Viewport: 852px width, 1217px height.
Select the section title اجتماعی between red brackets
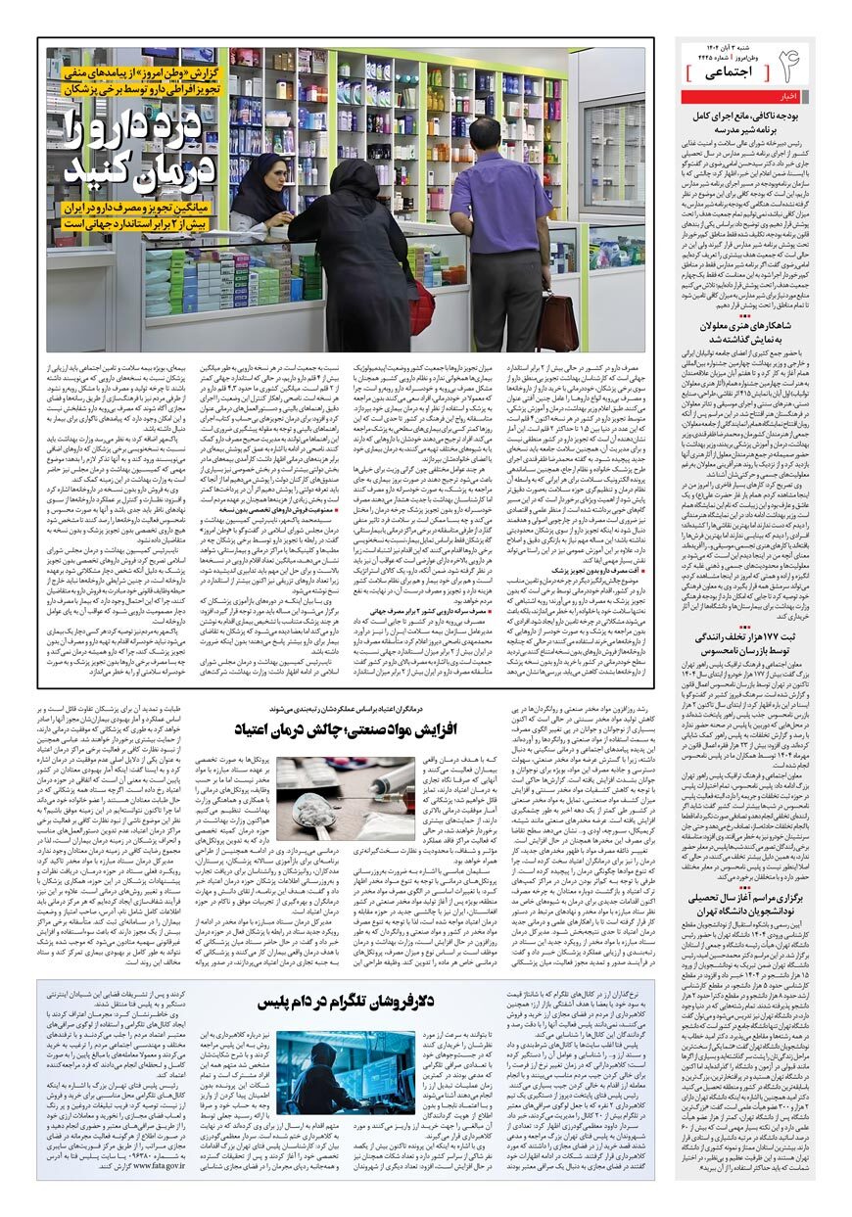(x=726, y=73)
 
